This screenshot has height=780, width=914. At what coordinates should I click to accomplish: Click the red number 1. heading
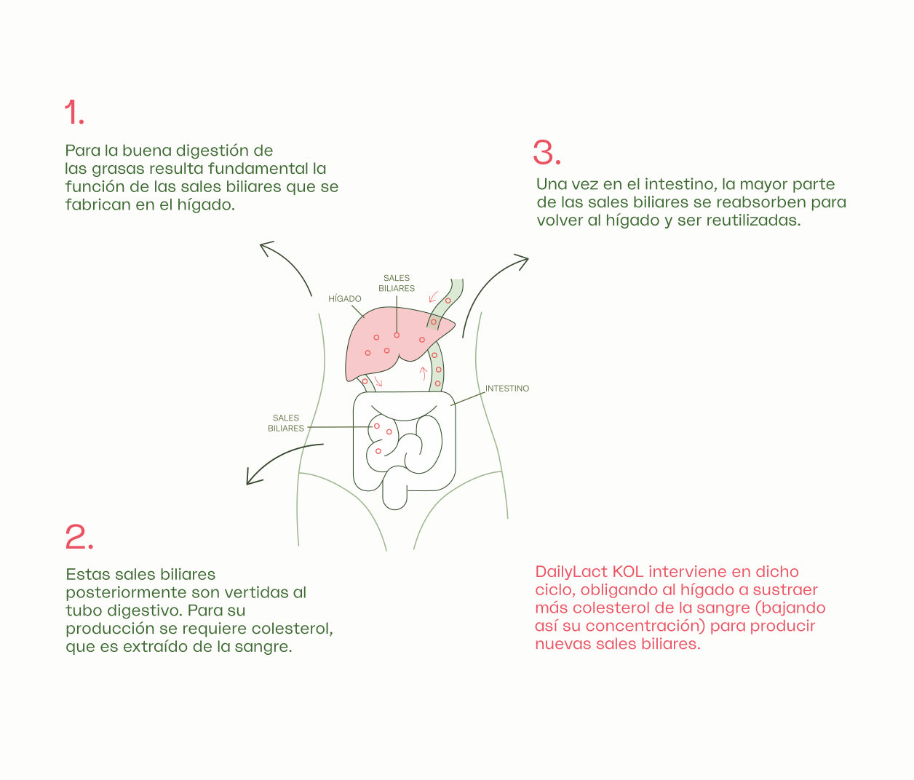click(x=74, y=112)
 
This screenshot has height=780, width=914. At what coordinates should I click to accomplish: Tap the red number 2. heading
click(x=79, y=537)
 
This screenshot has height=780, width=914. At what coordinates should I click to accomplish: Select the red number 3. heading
click(x=547, y=153)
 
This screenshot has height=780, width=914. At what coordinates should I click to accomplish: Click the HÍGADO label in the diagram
click(x=344, y=298)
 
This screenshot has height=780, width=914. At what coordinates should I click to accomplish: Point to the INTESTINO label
click(x=507, y=389)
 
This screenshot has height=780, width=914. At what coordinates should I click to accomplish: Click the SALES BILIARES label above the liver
click(x=397, y=283)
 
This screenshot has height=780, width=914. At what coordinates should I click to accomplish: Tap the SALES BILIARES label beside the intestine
click(x=286, y=423)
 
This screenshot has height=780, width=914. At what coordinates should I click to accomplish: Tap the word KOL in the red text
click(x=628, y=572)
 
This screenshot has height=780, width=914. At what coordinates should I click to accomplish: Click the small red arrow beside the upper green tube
click(x=433, y=297)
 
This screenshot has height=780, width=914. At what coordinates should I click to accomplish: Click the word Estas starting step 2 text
click(x=88, y=574)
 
